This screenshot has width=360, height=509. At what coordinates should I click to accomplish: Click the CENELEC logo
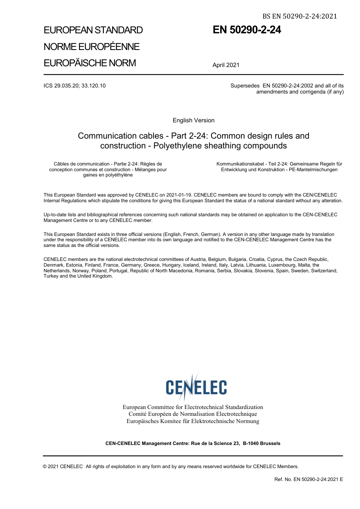point(196,386)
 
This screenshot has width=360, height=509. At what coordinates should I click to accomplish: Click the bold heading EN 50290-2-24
point(247,30)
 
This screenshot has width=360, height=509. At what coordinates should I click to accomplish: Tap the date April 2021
point(226,65)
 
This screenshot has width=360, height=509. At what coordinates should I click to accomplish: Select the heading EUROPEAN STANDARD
point(93,30)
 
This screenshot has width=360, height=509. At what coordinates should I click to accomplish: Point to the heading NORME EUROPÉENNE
point(91,47)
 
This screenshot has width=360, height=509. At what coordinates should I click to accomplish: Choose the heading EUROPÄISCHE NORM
point(89,63)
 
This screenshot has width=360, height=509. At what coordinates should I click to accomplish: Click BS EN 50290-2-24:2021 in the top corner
point(299,16)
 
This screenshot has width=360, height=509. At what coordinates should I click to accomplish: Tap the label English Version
point(193,120)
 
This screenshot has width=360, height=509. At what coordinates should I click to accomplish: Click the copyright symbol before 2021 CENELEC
point(45,467)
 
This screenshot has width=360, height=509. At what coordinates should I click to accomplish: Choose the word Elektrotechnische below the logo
point(215,421)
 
